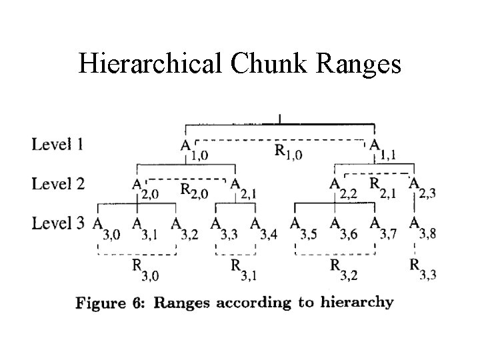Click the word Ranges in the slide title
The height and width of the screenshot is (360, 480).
pyautogui.click(x=357, y=64)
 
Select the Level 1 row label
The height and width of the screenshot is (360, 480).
pyautogui.click(x=57, y=143)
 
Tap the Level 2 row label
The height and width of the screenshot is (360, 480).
pyautogui.click(x=58, y=183)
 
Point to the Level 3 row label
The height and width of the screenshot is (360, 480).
pyautogui.click(x=58, y=222)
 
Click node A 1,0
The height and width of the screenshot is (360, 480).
pyautogui.click(x=193, y=150)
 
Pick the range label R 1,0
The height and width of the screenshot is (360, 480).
pyautogui.click(x=288, y=152)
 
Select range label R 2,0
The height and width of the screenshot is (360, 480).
pyautogui.click(x=194, y=191)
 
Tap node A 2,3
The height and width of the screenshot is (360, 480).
pyautogui.click(x=421, y=188)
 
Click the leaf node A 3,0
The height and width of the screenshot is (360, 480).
pyautogui.click(x=106, y=228)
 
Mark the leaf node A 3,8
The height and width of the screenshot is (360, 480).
pyautogui.click(x=423, y=228)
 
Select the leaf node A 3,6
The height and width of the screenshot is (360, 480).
pyautogui.click(x=343, y=228)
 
